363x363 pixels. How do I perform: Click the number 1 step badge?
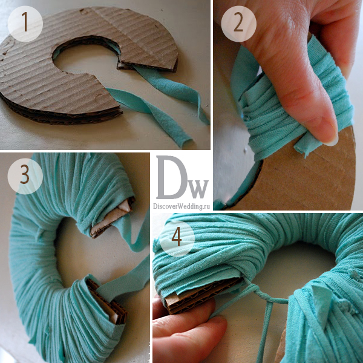point(25,24)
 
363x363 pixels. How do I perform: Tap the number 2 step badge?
point(239,24)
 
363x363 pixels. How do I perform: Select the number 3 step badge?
point(25,176)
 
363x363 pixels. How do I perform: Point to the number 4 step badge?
point(177,238)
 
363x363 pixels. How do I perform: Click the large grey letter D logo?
point(171,177)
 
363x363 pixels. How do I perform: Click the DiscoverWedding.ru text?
point(181,206)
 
